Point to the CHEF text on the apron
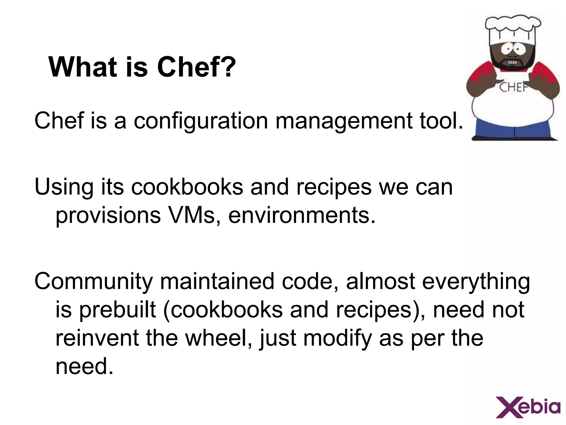(x=513, y=87)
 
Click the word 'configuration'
(x=201, y=121)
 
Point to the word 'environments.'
(x=302, y=216)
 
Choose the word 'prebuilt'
(x=118, y=310)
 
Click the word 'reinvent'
(x=97, y=338)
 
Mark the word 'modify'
(x=337, y=338)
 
